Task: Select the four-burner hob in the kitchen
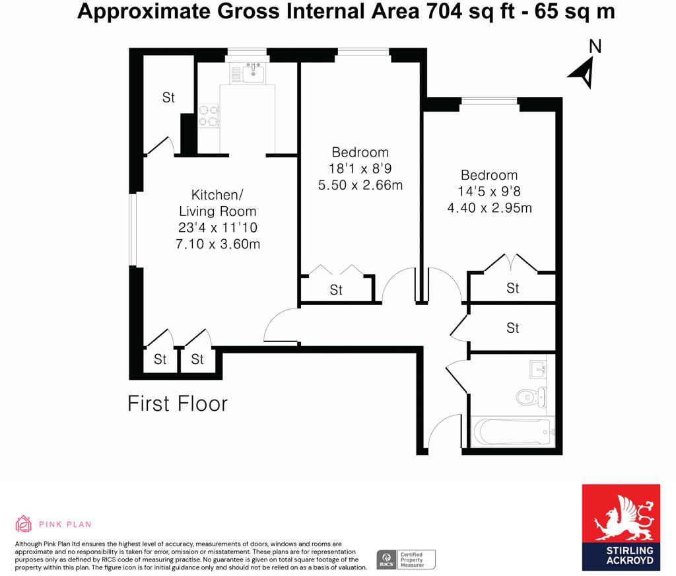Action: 209,116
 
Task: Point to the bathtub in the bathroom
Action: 512,433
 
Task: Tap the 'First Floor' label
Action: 178,404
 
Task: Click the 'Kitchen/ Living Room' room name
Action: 217,203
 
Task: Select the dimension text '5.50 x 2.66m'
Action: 360,186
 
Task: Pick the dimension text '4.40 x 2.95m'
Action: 489,208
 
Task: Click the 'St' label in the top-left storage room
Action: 168,98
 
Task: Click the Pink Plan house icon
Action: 24,524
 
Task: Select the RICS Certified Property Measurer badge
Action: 406,559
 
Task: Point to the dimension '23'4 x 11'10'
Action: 217,228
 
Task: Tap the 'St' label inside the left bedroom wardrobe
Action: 336,290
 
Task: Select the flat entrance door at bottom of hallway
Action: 444,433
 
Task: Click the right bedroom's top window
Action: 489,100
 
